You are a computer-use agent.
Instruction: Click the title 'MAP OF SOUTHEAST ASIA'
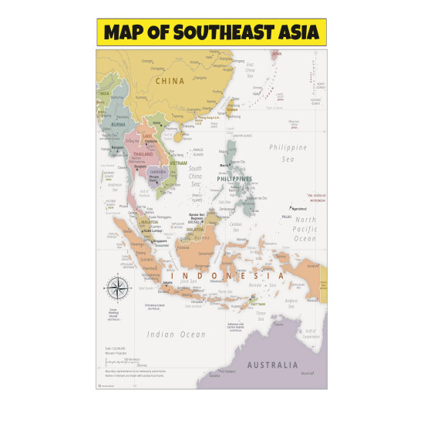point(211,33)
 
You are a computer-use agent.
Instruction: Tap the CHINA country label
point(170,80)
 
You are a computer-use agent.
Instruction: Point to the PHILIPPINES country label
point(234,179)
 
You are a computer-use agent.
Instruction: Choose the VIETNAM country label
point(178,163)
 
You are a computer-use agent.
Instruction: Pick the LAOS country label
point(147,136)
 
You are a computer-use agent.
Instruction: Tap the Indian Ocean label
point(177,334)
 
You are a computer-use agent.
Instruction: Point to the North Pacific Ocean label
point(305,229)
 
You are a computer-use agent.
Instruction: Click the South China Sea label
point(196,177)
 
